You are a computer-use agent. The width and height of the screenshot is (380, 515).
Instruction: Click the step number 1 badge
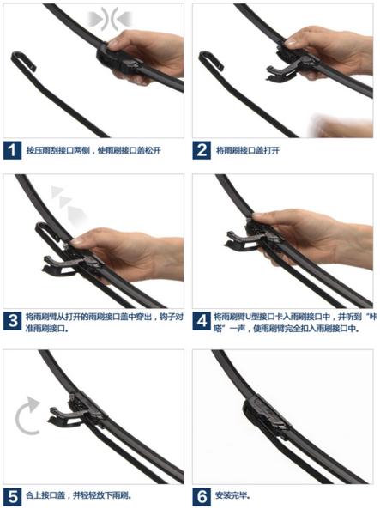[13, 150]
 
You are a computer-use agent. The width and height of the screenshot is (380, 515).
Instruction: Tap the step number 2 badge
[202, 150]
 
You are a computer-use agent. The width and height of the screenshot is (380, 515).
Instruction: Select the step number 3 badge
[13, 321]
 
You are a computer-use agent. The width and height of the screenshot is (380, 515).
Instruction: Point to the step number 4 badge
[202, 321]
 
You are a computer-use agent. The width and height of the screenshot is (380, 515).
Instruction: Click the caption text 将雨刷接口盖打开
[248, 150]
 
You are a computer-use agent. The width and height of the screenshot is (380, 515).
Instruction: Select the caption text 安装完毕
[232, 495]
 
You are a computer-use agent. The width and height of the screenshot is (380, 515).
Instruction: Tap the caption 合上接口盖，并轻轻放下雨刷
[79, 495]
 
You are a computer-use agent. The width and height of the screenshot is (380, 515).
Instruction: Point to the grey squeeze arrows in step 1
[110, 19]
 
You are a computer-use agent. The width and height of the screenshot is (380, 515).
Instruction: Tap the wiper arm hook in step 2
[210, 58]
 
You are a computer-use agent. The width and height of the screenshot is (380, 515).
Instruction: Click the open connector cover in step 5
[65, 415]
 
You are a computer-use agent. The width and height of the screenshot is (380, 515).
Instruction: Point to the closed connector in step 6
[267, 415]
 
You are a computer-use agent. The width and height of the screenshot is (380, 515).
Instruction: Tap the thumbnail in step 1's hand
[112, 43]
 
